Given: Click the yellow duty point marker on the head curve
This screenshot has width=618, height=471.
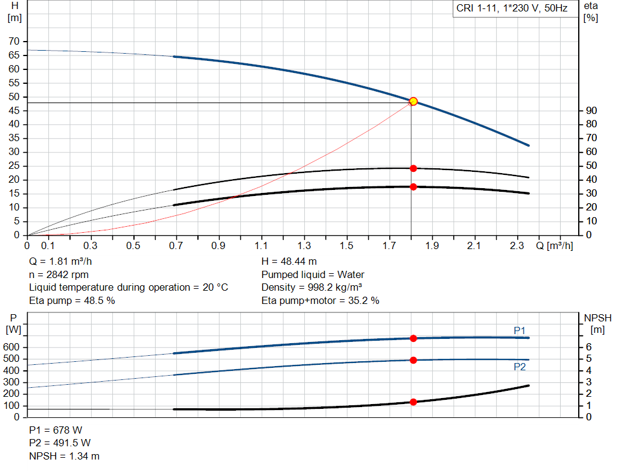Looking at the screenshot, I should [x=413, y=101].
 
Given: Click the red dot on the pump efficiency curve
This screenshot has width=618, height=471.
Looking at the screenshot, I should [x=413, y=168].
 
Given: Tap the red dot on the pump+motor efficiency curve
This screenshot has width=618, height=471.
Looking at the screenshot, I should [x=413, y=187].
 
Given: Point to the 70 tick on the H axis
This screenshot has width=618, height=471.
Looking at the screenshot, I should [x=14, y=42].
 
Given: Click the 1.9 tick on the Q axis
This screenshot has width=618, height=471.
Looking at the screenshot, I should [x=432, y=246].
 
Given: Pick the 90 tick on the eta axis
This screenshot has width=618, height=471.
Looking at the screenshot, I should [x=591, y=111].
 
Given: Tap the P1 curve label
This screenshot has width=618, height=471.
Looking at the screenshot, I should [x=520, y=330].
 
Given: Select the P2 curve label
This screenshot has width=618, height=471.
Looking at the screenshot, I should [x=520, y=367].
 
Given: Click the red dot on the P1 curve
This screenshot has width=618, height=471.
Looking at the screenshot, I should [x=413, y=338].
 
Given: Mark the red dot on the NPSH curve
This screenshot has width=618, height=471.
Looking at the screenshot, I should [x=413, y=402].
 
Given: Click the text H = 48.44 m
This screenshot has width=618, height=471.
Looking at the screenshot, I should [x=289, y=262].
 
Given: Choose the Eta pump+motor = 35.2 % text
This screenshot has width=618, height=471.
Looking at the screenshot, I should [x=320, y=300].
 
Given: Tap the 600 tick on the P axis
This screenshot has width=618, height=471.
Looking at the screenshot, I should [x=13, y=347].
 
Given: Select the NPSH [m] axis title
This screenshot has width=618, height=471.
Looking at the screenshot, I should [x=597, y=323].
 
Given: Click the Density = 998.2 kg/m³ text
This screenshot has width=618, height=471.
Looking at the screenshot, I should [x=311, y=287].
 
